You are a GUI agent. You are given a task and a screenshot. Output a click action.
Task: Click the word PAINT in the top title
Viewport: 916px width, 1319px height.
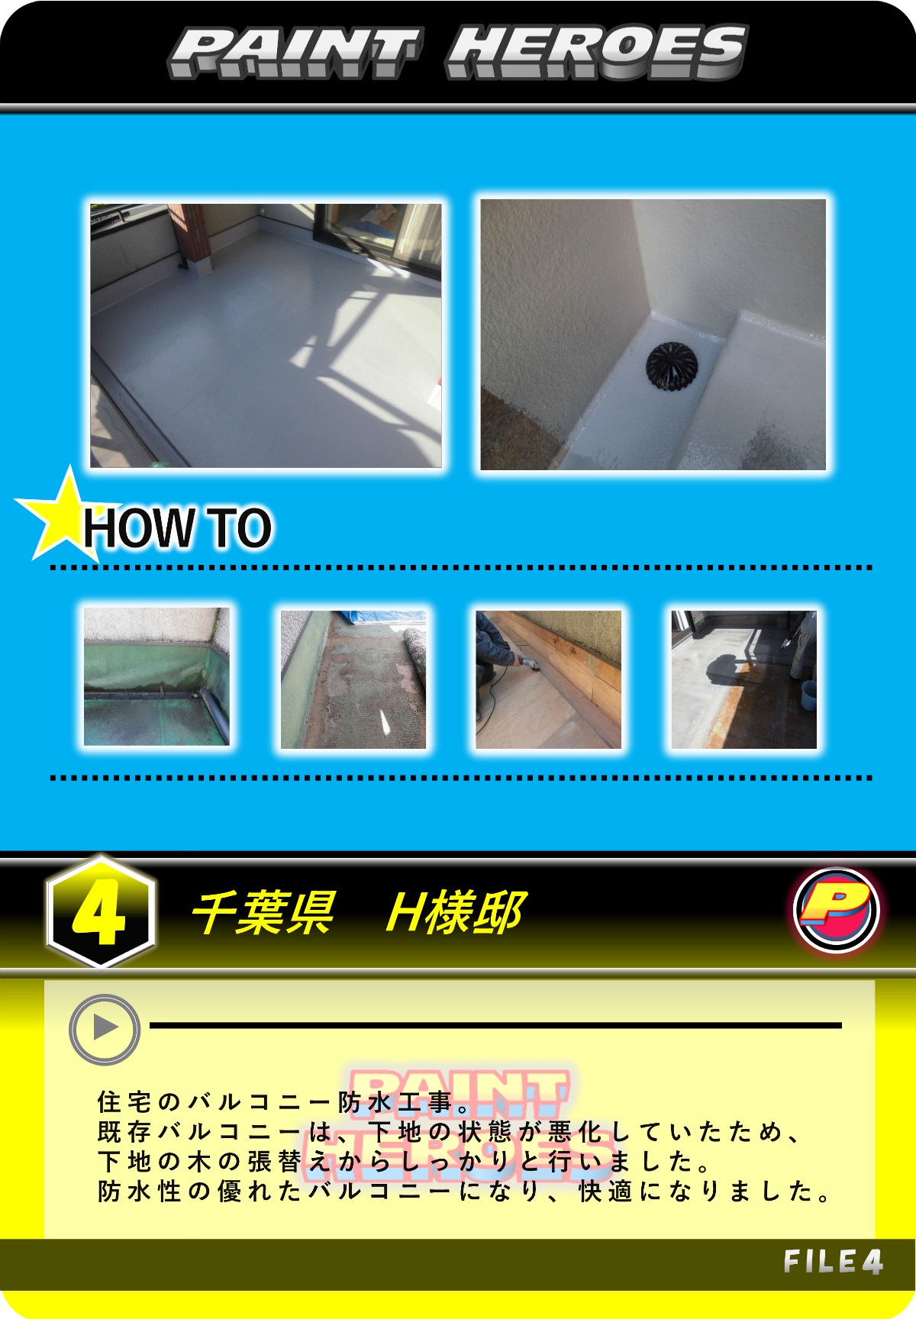tap(295, 52)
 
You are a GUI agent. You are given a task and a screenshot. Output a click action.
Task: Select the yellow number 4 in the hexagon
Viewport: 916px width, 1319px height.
tap(98, 912)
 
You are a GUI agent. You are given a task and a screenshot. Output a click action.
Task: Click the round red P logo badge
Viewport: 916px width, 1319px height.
tap(837, 910)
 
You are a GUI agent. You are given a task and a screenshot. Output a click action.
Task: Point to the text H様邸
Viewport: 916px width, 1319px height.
tap(456, 912)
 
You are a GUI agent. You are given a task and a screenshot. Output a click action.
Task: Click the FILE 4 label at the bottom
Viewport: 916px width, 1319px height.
tap(833, 1262)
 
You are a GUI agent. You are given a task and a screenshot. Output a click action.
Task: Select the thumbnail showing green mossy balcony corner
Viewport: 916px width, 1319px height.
tap(156, 677)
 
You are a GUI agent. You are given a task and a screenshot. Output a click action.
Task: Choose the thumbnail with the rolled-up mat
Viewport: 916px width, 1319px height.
tap(353, 679)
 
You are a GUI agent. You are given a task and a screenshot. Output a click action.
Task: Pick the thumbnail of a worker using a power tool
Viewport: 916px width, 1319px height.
tap(548, 679)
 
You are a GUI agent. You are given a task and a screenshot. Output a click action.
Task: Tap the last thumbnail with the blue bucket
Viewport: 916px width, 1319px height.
tap(744, 679)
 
